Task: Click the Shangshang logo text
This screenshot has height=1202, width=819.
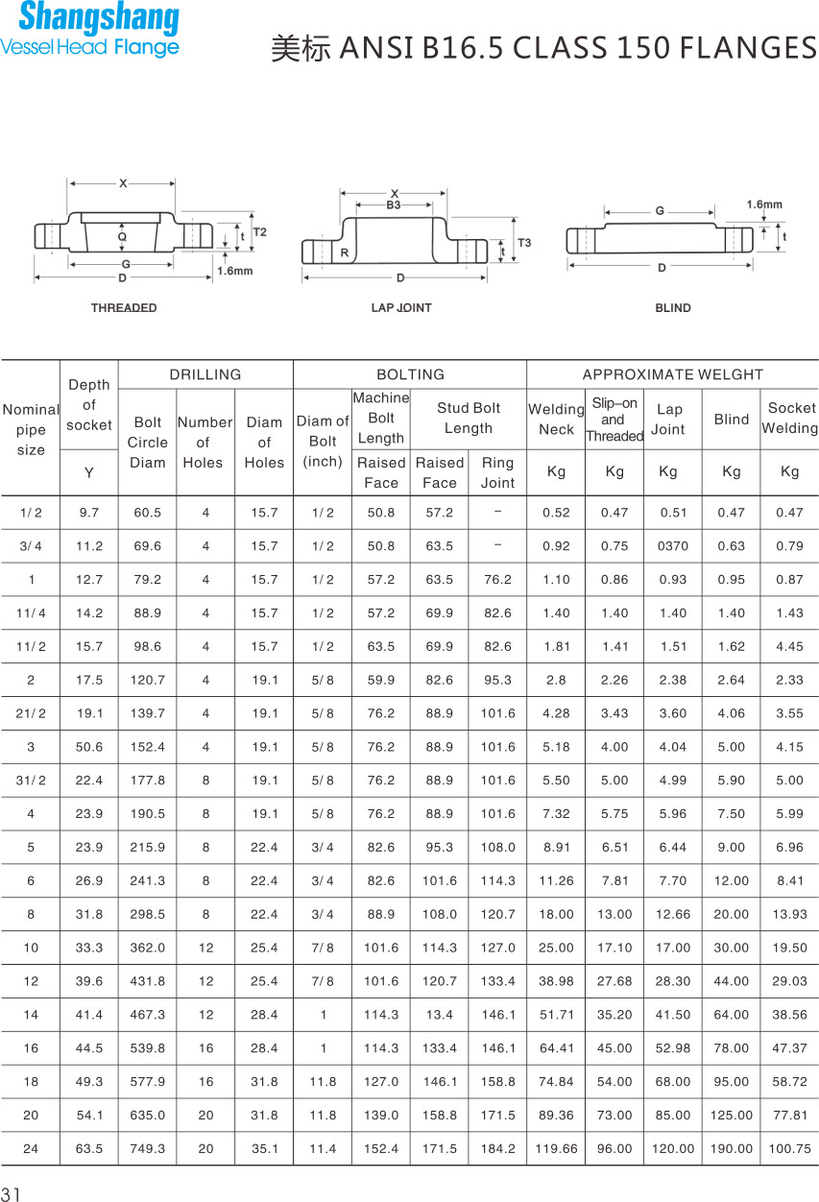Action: (98, 19)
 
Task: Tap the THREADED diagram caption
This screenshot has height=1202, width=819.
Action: (124, 308)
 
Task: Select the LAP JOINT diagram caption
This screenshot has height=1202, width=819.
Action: (401, 308)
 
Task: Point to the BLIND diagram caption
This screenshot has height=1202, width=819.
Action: (673, 308)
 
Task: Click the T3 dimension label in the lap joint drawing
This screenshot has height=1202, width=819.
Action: (523, 243)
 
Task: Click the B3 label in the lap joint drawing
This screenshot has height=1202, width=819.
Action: (394, 204)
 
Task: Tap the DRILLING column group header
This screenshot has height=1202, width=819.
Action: (205, 374)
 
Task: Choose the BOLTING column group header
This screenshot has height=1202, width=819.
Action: (410, 374)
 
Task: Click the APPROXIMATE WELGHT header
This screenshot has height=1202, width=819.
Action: (672, 374)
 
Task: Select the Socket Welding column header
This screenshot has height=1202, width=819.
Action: (790, 419)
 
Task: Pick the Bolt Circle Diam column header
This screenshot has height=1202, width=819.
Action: (148, 443)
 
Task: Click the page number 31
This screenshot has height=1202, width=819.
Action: (11, 1194)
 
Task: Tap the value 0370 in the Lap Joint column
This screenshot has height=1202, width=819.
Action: (672, 546)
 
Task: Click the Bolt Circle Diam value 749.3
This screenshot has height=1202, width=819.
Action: (148, 1149)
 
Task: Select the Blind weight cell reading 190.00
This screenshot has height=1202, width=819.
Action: (731, 1149)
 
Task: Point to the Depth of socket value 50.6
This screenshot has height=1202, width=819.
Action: (89, 747)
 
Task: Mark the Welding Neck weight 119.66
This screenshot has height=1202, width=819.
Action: (556, 1149)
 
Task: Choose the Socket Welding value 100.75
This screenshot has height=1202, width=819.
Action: (789, 1149)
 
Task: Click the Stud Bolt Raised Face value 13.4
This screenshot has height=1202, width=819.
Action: (440, 1015)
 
